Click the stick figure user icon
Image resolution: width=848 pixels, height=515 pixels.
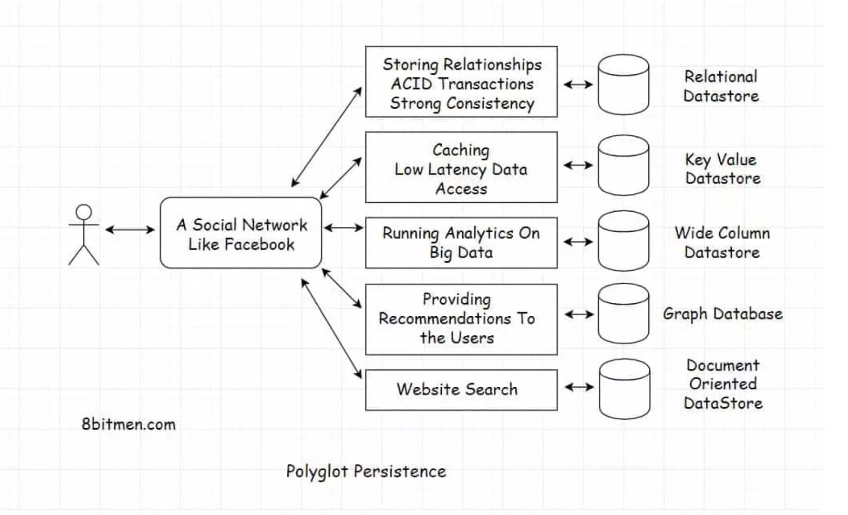[84, 235]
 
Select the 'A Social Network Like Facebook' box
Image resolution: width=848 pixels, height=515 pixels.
[241, 233]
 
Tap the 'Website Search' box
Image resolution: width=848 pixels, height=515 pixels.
[461, 390]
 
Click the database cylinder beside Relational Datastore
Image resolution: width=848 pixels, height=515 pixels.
[623, 85]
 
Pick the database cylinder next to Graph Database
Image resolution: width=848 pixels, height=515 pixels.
[623, 314]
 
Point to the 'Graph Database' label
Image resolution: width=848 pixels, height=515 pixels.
[723, 314]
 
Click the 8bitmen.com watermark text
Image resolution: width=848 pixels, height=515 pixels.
[129, 425]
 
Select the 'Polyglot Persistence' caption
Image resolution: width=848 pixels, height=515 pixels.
[366, 472]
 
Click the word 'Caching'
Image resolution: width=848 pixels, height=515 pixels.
[461, 150]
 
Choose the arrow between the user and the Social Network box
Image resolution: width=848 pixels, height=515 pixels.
[130, 230]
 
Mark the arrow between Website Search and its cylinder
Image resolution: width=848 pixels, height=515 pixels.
[579, 387]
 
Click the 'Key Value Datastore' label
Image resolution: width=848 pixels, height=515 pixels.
[722, 169]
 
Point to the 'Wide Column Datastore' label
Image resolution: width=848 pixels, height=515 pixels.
[722, 243]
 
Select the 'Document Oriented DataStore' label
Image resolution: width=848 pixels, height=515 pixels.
[723, 384]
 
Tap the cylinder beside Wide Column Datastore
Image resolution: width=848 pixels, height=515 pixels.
[623, 241]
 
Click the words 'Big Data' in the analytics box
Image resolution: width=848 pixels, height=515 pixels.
[461, 253]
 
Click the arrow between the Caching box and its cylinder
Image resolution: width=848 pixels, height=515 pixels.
[578, 165]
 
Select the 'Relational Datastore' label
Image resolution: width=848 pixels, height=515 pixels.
[721, 86]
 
